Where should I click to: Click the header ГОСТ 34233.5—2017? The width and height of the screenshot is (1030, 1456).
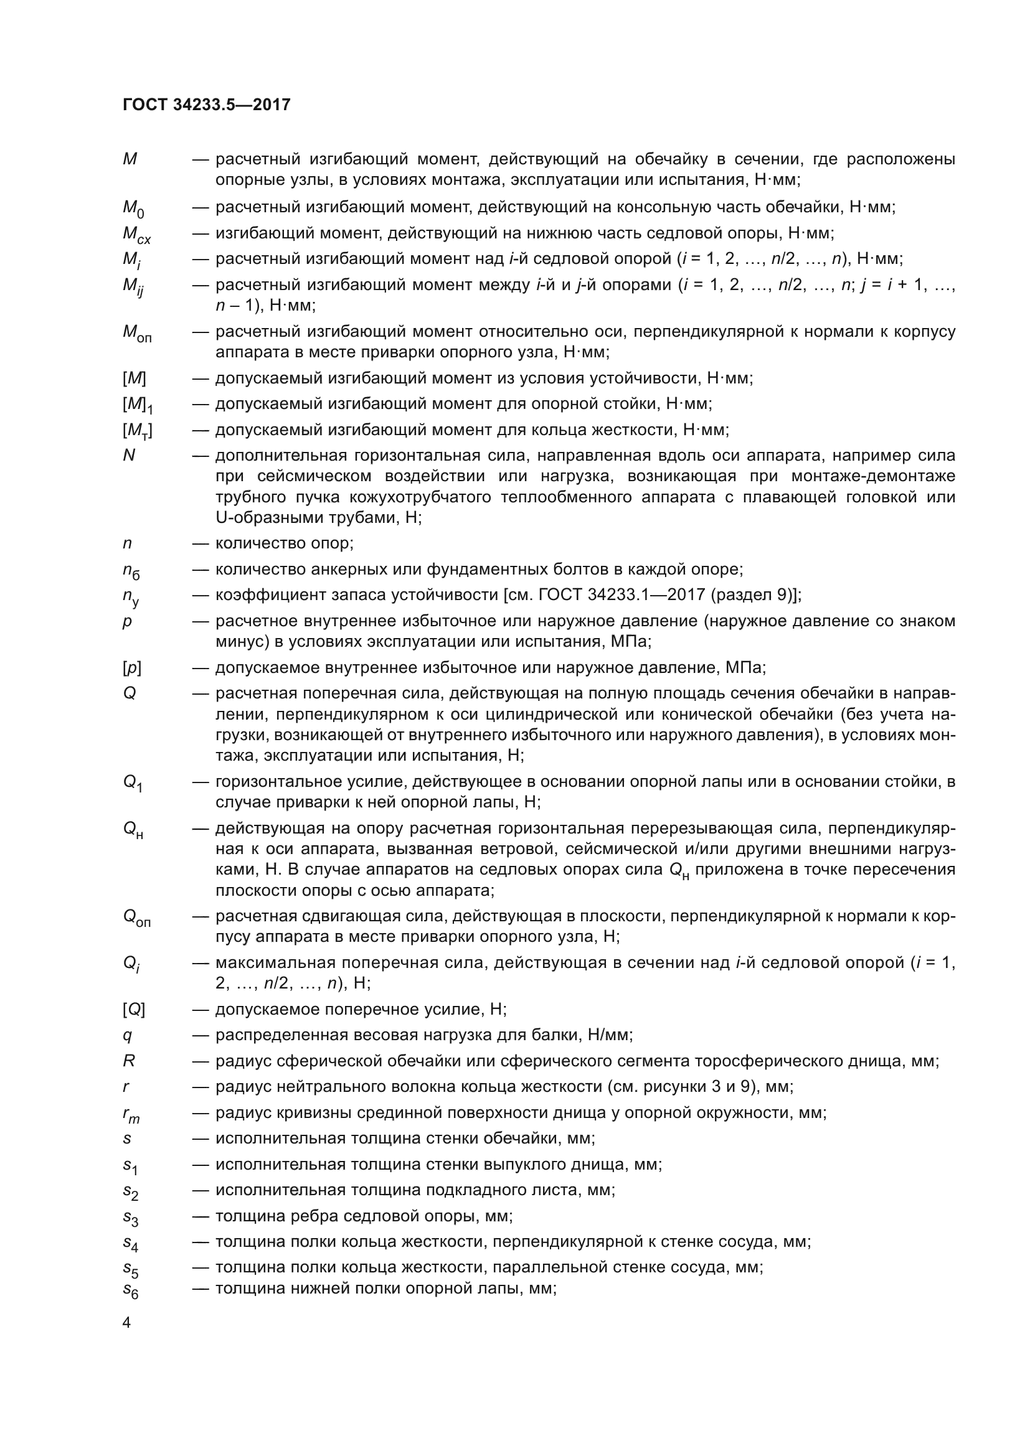pos(207,105)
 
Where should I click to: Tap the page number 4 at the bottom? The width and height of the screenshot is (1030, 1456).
pos(127,1323)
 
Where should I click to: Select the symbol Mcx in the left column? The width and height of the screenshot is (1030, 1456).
pos(136,235)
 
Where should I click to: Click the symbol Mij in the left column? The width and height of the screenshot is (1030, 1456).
pos(133,286)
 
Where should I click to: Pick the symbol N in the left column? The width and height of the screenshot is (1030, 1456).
pos(129,455)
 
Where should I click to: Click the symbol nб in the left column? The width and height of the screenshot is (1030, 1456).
pos(131,571)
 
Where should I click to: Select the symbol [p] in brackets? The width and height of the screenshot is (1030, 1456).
pos(132,668)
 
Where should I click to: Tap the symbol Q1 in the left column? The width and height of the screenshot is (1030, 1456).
pos(133,783)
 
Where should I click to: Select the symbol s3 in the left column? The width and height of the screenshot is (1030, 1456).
pos(131,1218)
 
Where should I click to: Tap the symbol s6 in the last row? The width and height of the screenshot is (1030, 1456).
pos(131,1290)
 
